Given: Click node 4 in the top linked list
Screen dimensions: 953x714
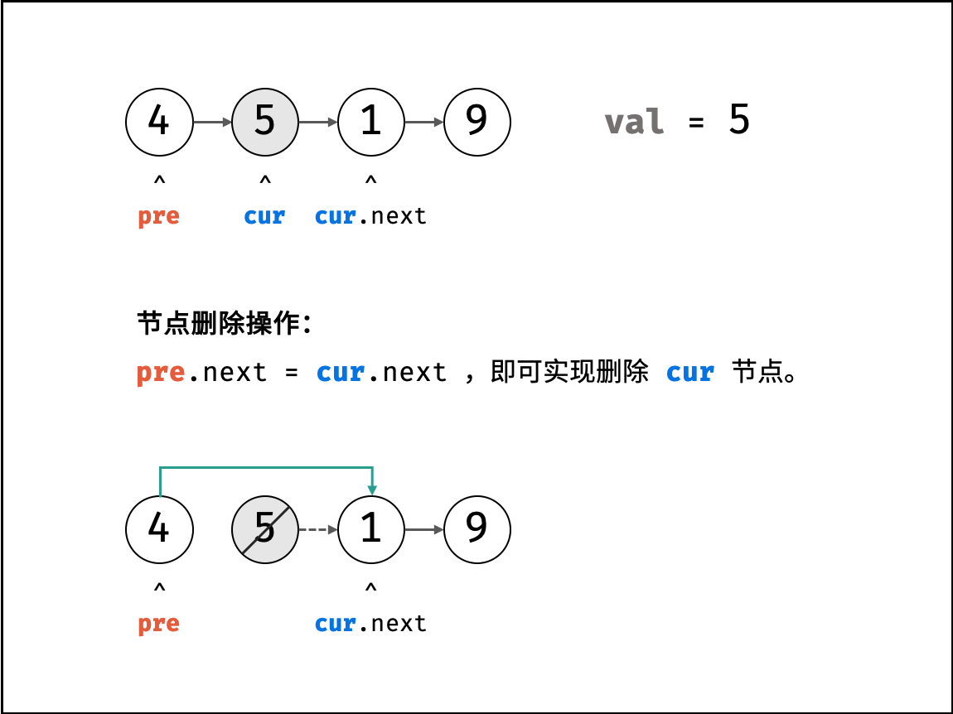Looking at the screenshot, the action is (159, 122).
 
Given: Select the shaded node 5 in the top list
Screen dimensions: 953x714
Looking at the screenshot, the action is (265, 122).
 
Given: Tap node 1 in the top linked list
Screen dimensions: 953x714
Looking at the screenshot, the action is (370, 122).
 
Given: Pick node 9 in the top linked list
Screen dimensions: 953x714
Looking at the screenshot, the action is (477, 122).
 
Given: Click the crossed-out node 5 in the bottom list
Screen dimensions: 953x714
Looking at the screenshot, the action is (265, 529).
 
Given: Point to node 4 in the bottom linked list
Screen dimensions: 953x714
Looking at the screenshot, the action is (159, 529).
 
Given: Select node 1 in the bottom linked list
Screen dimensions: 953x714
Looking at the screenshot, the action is (370, 529).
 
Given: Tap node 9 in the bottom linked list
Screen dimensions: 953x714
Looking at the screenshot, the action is (477, 529).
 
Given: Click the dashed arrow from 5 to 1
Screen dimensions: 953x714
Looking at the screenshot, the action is (318, 529).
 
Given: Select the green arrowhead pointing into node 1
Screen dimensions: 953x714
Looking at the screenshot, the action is (372, 490).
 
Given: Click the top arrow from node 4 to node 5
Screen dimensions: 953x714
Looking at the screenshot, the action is (212, 122).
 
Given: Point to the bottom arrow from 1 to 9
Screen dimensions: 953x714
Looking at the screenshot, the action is (424, 529).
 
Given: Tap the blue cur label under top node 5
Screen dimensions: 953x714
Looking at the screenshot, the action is (264, 216).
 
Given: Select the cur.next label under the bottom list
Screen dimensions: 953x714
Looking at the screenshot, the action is (370, 624).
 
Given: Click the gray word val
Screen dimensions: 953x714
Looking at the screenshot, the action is (634, 122).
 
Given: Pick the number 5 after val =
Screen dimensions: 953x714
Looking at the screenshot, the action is (739, 119).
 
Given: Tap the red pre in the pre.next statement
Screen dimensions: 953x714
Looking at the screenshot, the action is (161, 373).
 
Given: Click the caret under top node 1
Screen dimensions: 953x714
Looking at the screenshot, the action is (370, 180).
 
